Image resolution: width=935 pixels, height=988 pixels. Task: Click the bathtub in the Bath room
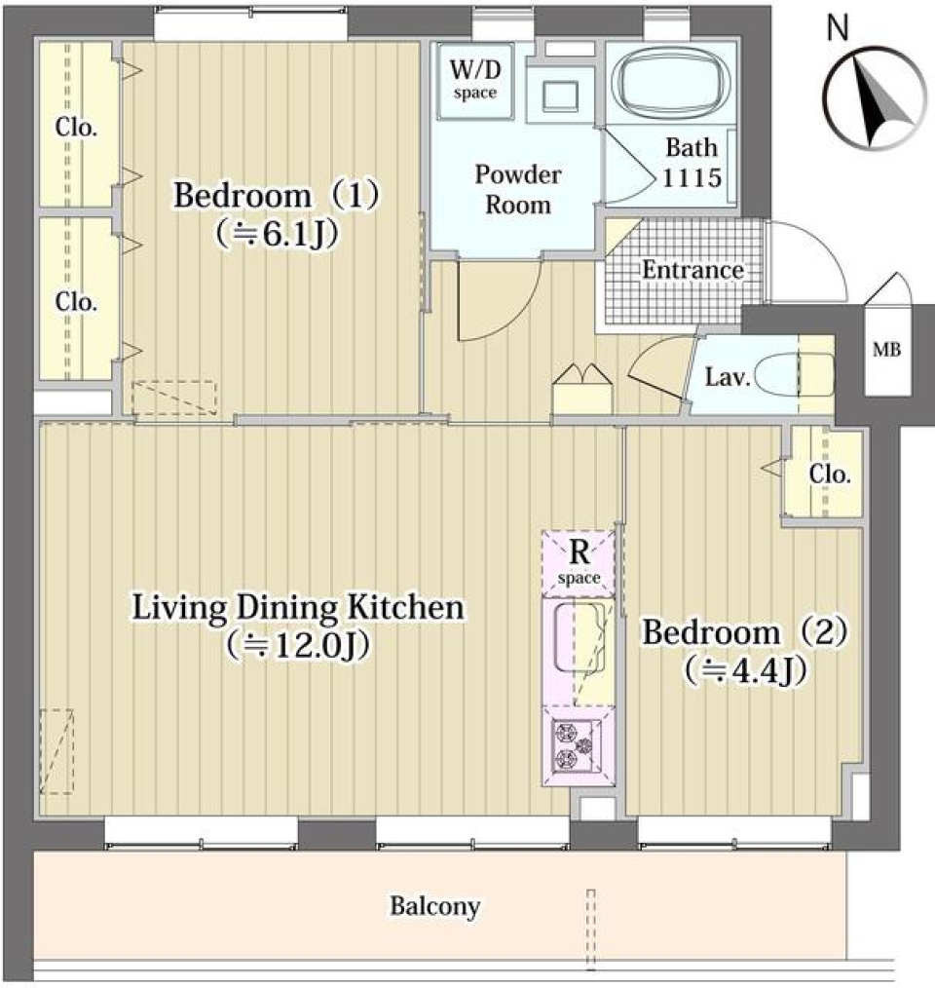coord(672,81)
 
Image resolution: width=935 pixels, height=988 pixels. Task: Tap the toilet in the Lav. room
coord(794,374)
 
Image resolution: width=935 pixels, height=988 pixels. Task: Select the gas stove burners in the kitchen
coord(575,746)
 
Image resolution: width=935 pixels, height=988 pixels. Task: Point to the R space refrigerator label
coord(580,562)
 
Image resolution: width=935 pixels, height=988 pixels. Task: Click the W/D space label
coord(475,79)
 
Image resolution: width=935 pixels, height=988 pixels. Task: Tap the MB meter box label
coord(886,349)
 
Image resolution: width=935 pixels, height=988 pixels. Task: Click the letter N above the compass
coord(838,27)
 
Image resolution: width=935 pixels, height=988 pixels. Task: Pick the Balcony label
coord(434,907)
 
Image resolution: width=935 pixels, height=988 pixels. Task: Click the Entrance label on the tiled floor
coord(693,270)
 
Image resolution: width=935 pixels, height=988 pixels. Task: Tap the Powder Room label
coord(518,190)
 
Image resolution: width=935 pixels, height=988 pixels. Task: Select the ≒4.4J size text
coord(745,671)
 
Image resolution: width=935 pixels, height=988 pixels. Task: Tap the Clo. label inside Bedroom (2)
coord(830,475)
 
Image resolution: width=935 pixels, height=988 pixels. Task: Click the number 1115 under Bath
coord(692,177)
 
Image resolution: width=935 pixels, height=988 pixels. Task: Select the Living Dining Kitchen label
coord(298,608)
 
